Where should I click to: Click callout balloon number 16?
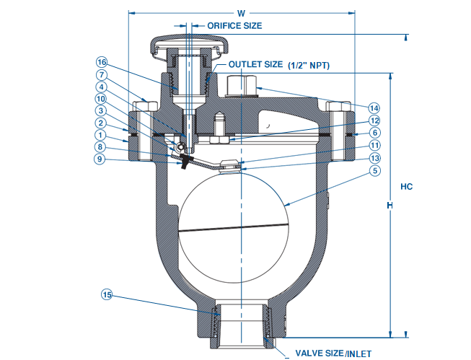pyautogui.click(x=102, y=63)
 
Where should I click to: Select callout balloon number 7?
pyautogui.click(x=102, y=75)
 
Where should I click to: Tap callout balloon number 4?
pyautogui.click(x=102, y=87)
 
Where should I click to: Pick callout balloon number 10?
pyautogui.click(x=102, y=99)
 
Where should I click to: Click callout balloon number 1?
pyautogui.click(x=102, y=135)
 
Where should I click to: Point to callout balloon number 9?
pyautogui.click(x=102, y=159)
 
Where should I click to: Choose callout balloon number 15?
pyautogui.click(x=107, y=294)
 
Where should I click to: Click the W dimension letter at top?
pyautogui.click(x=240, y=12)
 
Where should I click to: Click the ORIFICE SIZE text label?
pyautogui.click(x=234, y=25)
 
